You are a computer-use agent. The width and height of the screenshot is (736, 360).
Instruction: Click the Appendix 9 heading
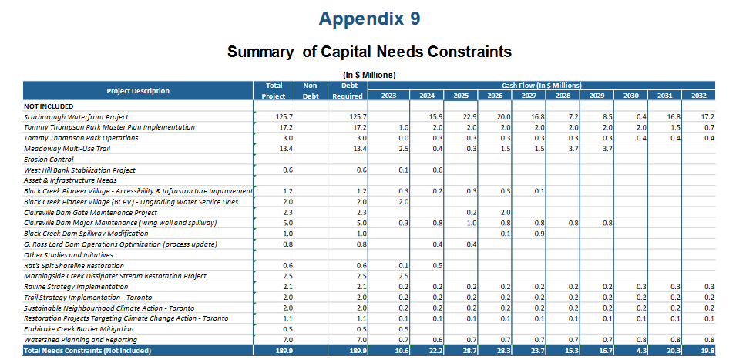click(369, 19)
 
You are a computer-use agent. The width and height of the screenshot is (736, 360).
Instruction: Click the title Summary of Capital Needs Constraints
click(369, 52)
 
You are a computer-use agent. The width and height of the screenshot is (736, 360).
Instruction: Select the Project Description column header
click(138, 90)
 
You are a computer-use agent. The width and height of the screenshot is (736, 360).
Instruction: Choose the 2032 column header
click(699, 96)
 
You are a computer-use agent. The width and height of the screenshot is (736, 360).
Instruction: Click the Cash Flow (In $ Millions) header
click(542, 85)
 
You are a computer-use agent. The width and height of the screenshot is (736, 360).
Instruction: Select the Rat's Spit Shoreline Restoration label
click(73, 265)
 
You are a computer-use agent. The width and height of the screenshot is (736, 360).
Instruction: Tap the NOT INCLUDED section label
click(49, 106)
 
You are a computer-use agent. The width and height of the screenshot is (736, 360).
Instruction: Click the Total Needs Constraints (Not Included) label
click(87, 351)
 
